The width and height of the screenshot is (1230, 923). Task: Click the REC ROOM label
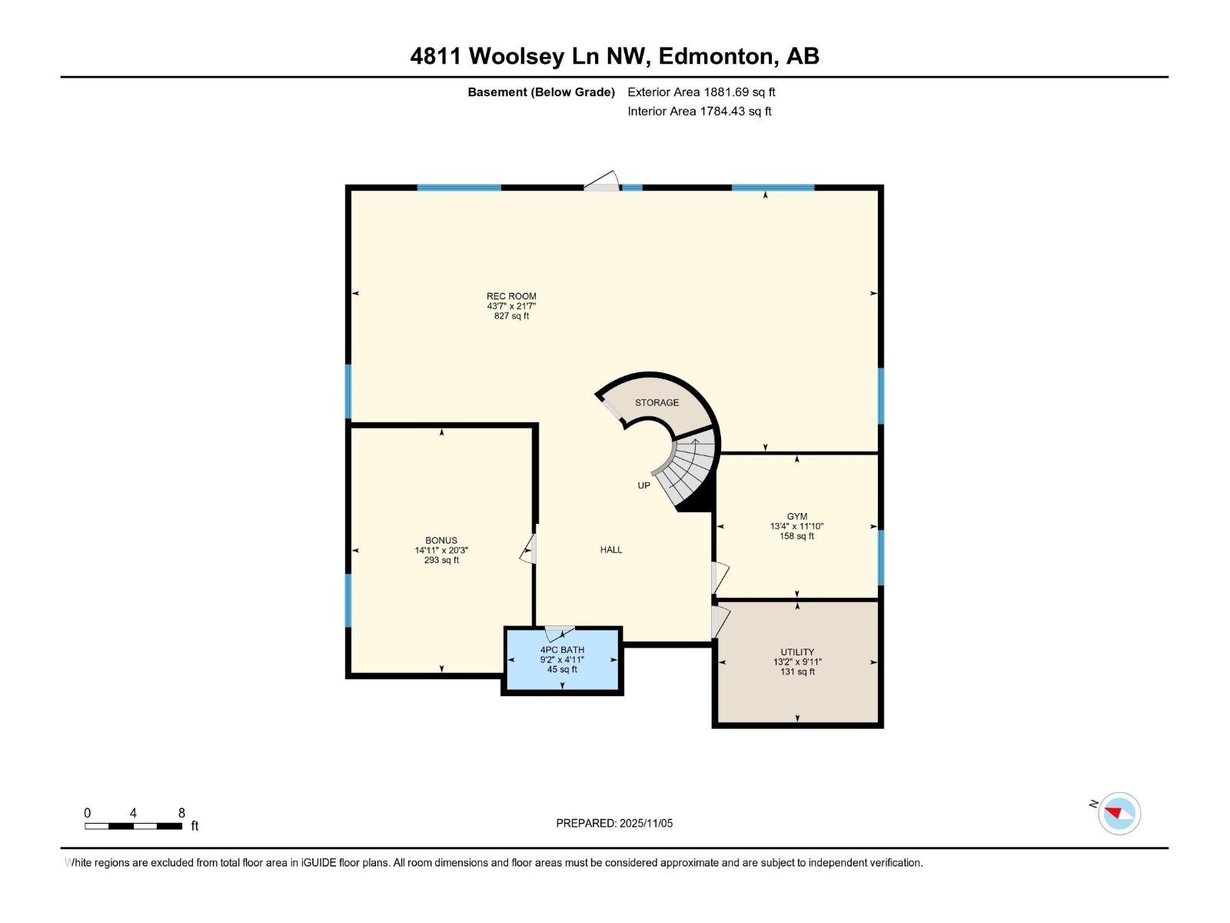511,296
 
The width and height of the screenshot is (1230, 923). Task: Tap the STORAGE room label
657,402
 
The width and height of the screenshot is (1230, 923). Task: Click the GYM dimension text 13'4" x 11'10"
796,527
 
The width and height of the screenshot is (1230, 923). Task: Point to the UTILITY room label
797,651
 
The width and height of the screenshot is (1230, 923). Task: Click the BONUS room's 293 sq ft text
441,560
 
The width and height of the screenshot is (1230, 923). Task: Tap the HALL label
611,549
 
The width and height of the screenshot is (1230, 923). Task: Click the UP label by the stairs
643,485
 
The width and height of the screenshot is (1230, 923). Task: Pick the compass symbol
1119,813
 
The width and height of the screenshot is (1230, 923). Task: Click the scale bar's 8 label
181,813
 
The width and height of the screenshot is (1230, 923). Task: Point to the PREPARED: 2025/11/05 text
614,823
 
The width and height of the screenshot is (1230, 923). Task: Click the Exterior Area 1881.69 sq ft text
701,92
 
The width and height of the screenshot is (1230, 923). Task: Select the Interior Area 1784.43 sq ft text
699,111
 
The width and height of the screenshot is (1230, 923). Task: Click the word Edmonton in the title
716,56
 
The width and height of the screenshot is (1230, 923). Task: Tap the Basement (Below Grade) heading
541,92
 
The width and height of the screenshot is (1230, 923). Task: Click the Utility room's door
720,621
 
